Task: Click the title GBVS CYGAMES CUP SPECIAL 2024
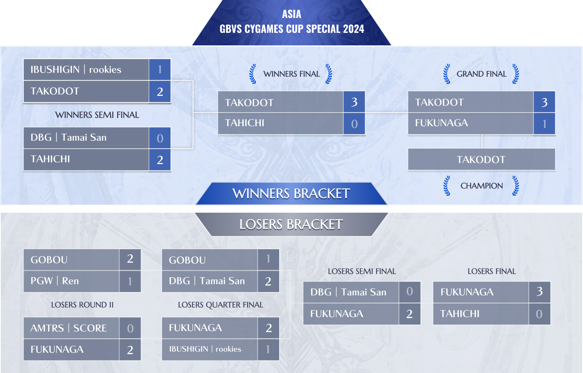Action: pyautogui.click(x=291, y=29)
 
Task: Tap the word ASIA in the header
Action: pyautogui.click(x=291, y=14)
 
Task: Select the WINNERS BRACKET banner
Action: pyautogui.click(x=291, y=194)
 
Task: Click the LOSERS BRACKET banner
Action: pyautogui.click(x=291, y=224)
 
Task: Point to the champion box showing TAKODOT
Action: pyautogui.click(x=481, y=159)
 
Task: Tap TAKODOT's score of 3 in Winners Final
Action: pyautogui.click(x=354, y=102)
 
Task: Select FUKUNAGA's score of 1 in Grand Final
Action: pyautogui.click(x=544, y=124)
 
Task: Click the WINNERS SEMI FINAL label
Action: pyautogui.click(x=97, y=115)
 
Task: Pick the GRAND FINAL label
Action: pyautogui.click(x=481, y=74)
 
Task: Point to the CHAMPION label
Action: pyautogui.click(x=481, y=186)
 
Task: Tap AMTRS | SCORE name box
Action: pyautogui.click(x=71, y=328)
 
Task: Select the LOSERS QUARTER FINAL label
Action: pyautogui.click(x=221, y=305)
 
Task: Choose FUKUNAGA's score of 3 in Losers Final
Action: pyautogui.click(x=540, y=292)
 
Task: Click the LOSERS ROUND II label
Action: pyautogui.click(x=82, y=305)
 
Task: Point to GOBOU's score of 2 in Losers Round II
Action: pyautogui.click(x=130, y=259)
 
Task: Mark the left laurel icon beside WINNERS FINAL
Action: pyautogui.click(x=253, y=74)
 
